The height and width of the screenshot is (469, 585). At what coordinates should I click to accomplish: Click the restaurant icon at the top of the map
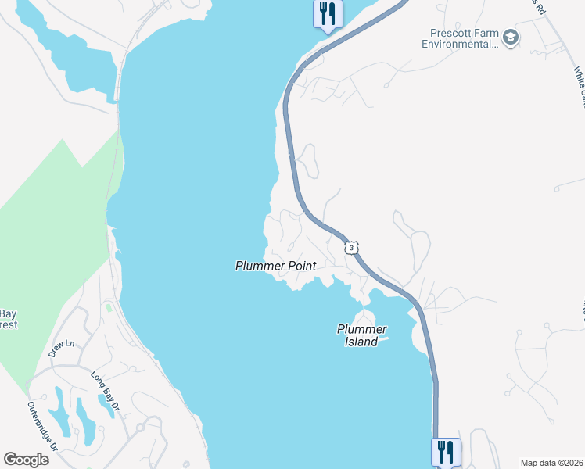tap(327, 13)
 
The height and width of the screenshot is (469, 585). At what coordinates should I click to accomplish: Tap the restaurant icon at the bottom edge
tap(445, 451)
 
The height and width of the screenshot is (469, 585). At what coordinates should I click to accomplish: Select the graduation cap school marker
tap(511, 38)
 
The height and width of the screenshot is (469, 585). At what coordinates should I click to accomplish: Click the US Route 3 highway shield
tap(352, 247)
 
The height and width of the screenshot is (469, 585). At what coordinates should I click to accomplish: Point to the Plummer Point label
tap(275, 267)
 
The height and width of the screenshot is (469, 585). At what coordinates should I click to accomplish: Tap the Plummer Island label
tap(362, 335)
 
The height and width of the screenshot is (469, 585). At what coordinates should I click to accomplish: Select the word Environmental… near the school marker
tap(460, 44)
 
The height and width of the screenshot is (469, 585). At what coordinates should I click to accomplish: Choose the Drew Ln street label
tap(61, 349)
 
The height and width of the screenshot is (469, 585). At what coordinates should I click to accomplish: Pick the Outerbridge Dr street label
tap(42, 427)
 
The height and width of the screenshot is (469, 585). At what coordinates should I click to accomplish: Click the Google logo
tap(26, 459)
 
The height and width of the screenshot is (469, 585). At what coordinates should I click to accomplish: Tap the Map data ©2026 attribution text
tap(551, 462)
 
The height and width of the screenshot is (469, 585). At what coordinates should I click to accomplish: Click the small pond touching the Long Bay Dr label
tap(105, 406)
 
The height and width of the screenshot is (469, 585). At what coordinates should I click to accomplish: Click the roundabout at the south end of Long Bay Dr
tap(141, 428)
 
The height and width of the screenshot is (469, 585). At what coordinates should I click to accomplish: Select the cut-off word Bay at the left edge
tap(8, 313)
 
